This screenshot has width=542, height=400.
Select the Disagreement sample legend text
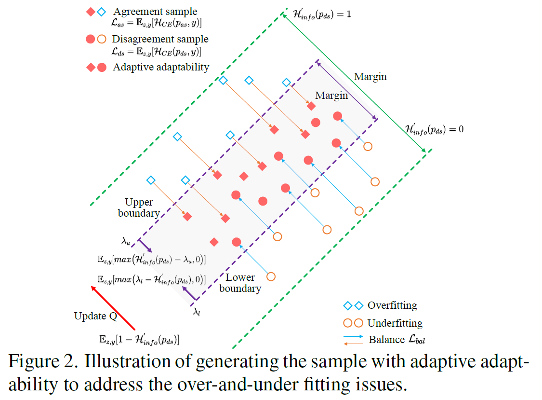[160, 39]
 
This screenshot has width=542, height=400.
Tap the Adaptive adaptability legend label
[161, 67]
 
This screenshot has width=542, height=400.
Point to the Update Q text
[96, 316]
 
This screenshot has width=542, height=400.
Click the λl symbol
[197, 312]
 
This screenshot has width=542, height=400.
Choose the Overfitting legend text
[392, 305]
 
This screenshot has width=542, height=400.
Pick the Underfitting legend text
[395, 323]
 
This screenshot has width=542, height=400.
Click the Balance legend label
[386, 340]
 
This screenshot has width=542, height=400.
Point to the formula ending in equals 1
[322, 14]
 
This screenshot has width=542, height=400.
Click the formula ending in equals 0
[434, 129]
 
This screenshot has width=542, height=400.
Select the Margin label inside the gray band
[331, 96]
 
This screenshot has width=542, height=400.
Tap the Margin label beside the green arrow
[370, 77]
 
